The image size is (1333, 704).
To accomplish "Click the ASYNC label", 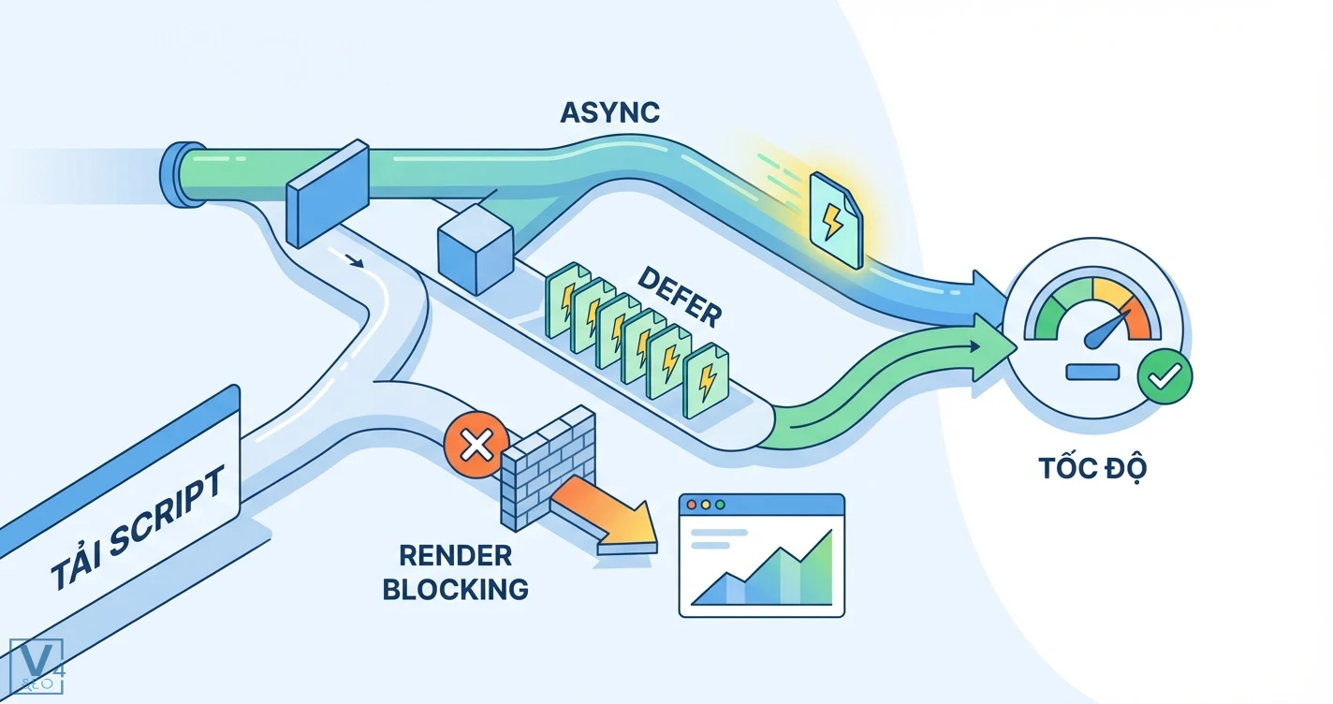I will click(609, 112).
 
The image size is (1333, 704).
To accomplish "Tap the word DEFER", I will click(680, 295).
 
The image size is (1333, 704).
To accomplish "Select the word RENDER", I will click(456, 555).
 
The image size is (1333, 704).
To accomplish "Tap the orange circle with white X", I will click(476, 445).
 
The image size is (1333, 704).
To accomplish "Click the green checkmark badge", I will click(1164, 378).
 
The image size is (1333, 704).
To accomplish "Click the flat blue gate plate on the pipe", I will click(328, 192).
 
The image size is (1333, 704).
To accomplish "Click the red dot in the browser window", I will click(692, 505).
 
